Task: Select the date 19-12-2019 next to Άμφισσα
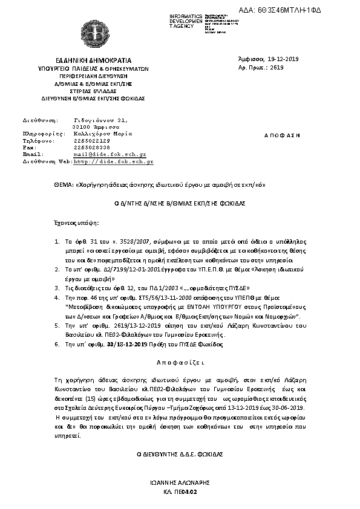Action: (284, 59)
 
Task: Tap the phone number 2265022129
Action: (91, 140)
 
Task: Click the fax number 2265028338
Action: (91, 148)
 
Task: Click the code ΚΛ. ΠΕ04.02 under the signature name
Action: (180, 493)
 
